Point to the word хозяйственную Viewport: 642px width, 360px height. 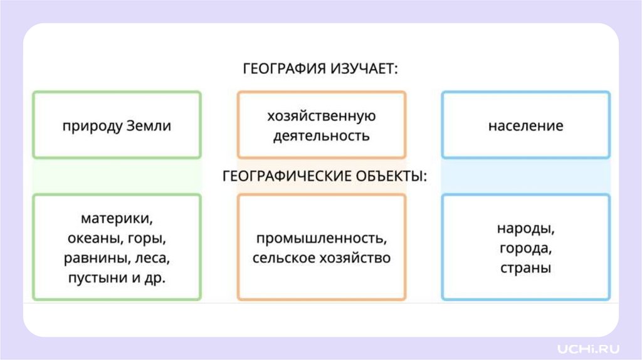pyautogui.click(x=321, y=116)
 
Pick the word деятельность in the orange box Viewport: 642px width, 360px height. pyautogui.click(x=321, y=135)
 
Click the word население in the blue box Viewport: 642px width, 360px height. pyautogui.click(x=525, y=125)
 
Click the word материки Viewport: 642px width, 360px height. pyautogui.click(x=117, y=219)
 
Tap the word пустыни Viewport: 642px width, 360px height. pyautogui.click(x=97, y=278)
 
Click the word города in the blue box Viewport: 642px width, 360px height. pyautogui.click(x=525, y=248)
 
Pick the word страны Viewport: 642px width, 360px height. pyautogui.click(x=525, y=268)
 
